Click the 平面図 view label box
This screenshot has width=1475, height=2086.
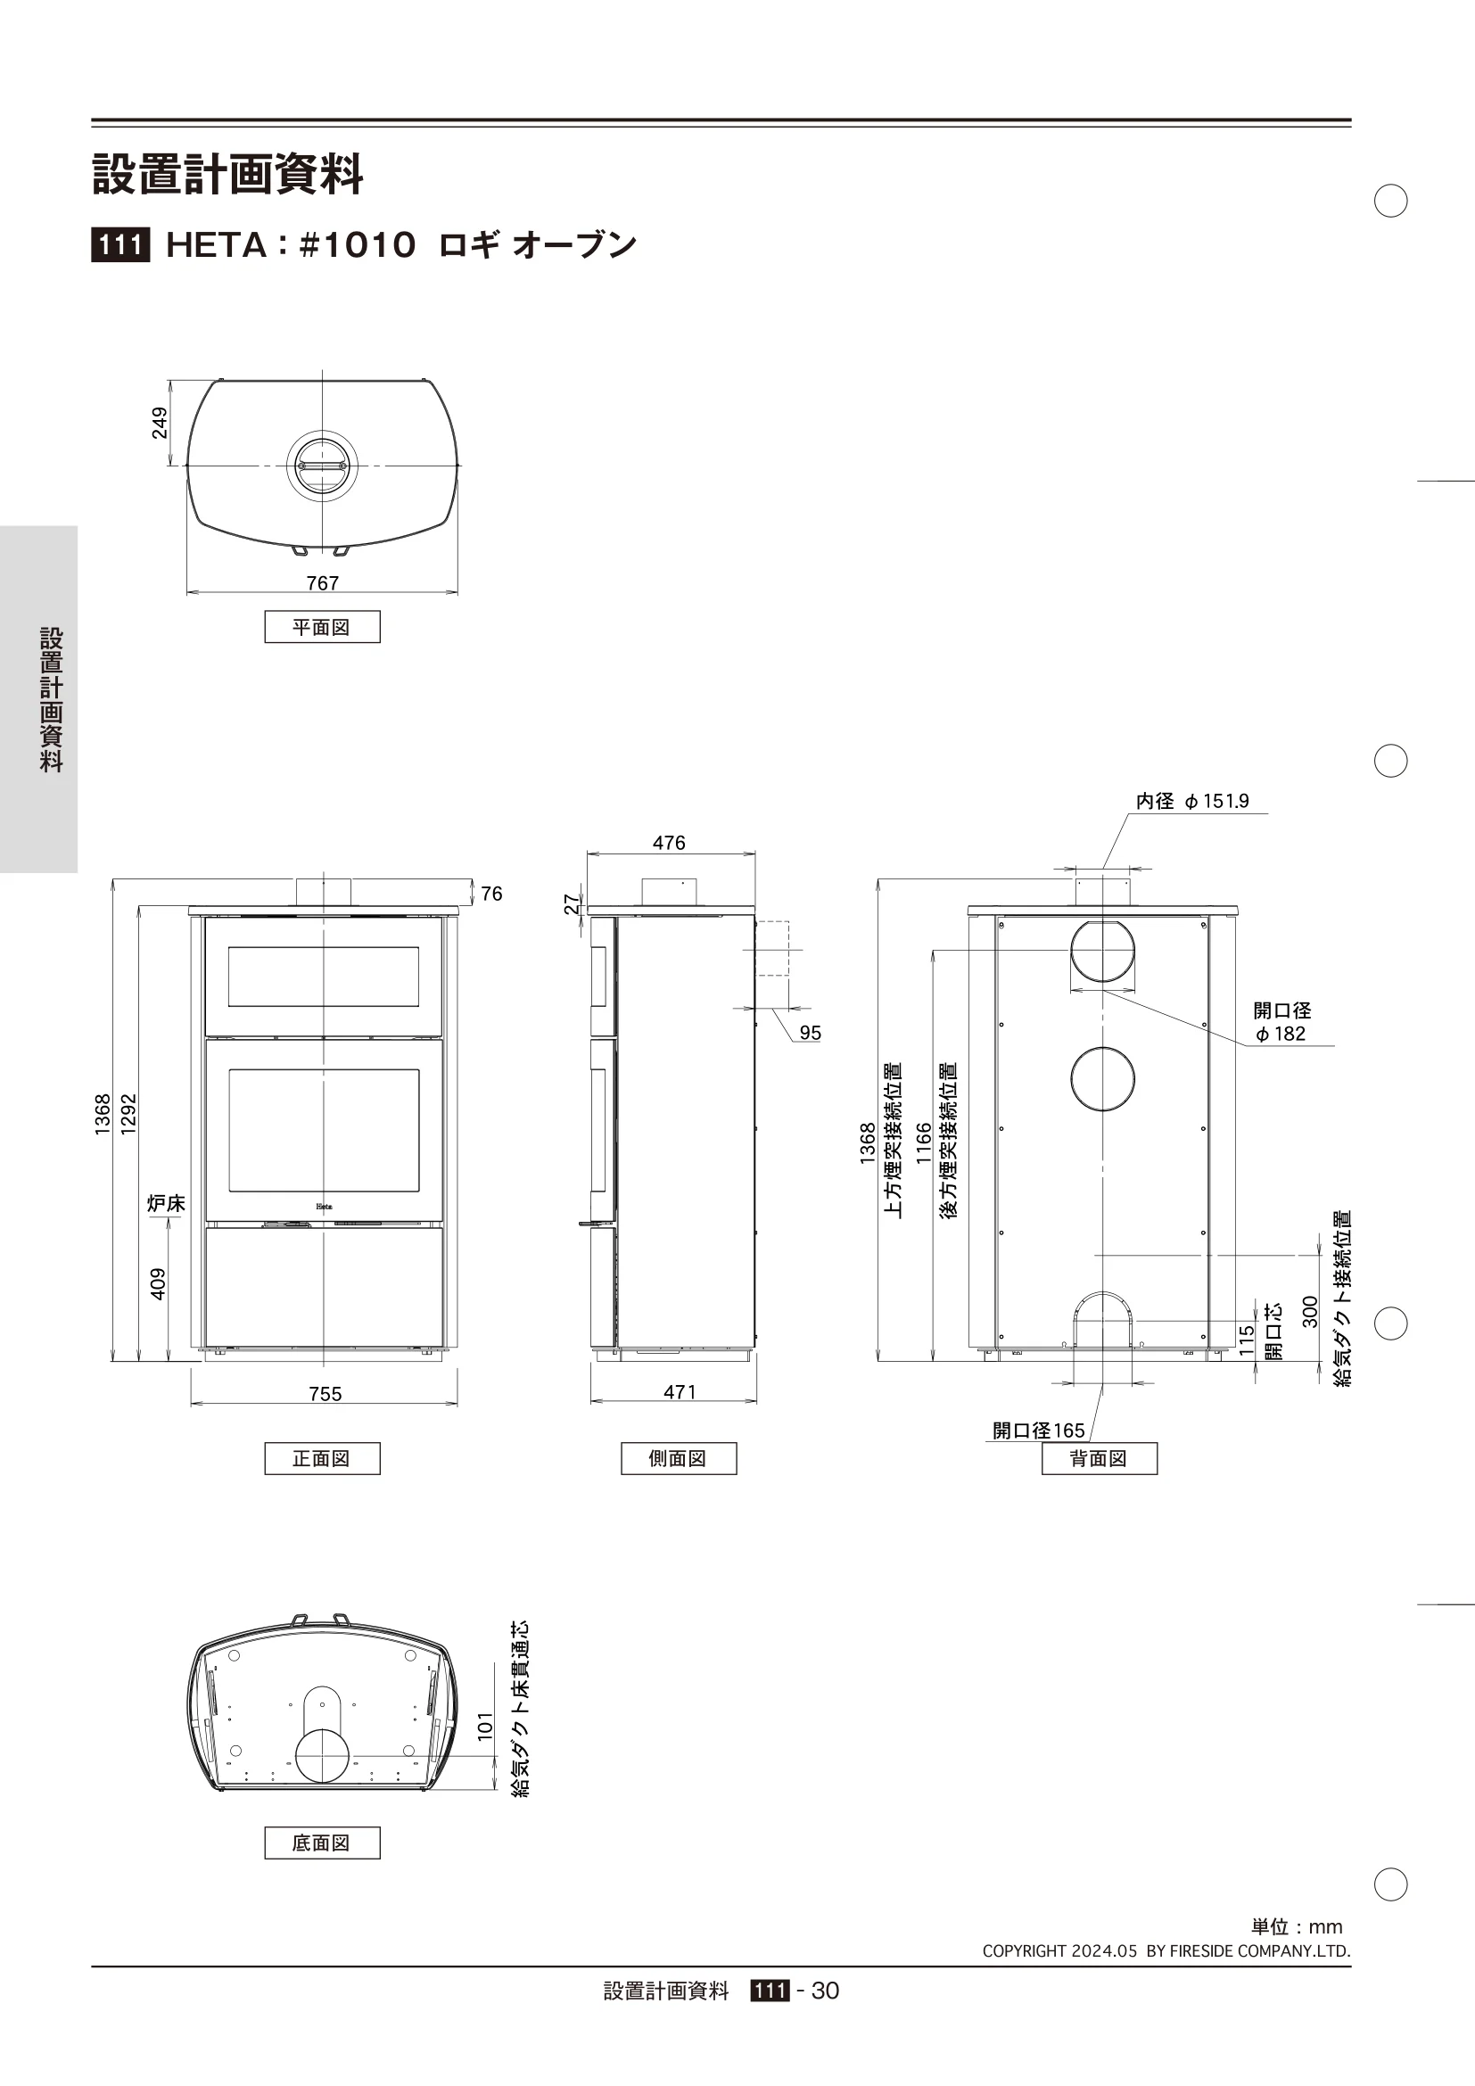(x=323, y=627)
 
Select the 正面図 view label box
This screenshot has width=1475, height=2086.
(x=323, y=1458)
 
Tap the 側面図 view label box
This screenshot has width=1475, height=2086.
(x=679, y=1458)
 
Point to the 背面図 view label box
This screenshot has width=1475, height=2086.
(x=1099, y=1458)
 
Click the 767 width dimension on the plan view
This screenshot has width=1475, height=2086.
(x=323, y=583)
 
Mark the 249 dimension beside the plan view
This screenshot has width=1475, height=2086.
(x=160, y=424)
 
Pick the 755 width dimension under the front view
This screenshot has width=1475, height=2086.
(x=325, y=1394)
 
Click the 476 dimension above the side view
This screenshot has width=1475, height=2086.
(x=670, y=843)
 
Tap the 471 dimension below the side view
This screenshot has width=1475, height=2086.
(x=680, y=1392)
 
